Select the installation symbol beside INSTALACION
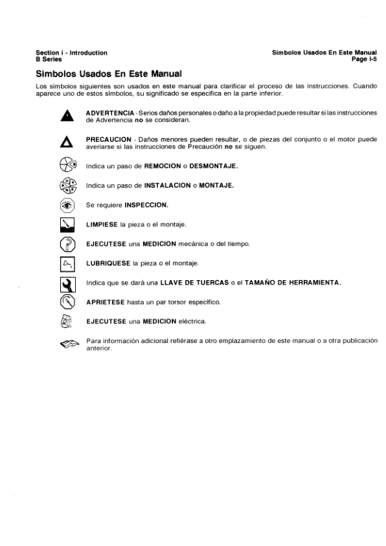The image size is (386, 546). point(66,186)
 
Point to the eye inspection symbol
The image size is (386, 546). point(65,206)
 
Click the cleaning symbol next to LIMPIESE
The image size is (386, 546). point(65,225)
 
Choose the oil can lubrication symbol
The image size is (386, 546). point(65,263)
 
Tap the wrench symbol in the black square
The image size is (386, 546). point(65,283)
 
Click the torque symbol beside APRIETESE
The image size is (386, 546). point(65,302)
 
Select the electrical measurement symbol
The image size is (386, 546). point(65,321)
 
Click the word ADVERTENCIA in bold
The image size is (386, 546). point(109,113)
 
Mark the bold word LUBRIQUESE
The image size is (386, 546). point(108,263)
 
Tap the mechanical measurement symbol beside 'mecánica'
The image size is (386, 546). point(65,244)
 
